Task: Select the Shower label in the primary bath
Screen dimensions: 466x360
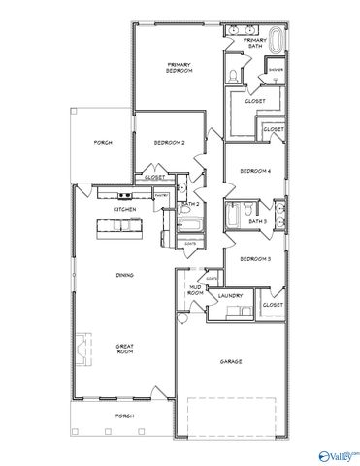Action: tap(276, 70)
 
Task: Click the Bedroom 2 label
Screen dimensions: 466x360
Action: tap(169, 143)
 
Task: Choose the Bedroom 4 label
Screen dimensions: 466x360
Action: tap(255, 171)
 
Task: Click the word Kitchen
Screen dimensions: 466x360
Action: tap(124, 209)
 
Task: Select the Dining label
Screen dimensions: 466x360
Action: tap(124, 275)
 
